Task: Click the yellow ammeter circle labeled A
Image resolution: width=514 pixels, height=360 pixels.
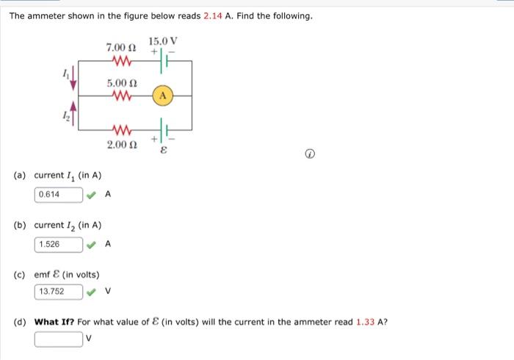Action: coord(163,96)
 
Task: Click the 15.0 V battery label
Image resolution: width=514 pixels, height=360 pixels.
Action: coord(162,40)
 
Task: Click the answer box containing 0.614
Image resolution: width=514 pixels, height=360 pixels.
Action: coord(59,195)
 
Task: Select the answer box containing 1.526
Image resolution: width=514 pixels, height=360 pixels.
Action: coord(59,243)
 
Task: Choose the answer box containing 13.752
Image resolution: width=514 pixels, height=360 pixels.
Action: coord(59,292)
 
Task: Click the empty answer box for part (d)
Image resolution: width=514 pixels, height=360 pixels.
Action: coord(59,339)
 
